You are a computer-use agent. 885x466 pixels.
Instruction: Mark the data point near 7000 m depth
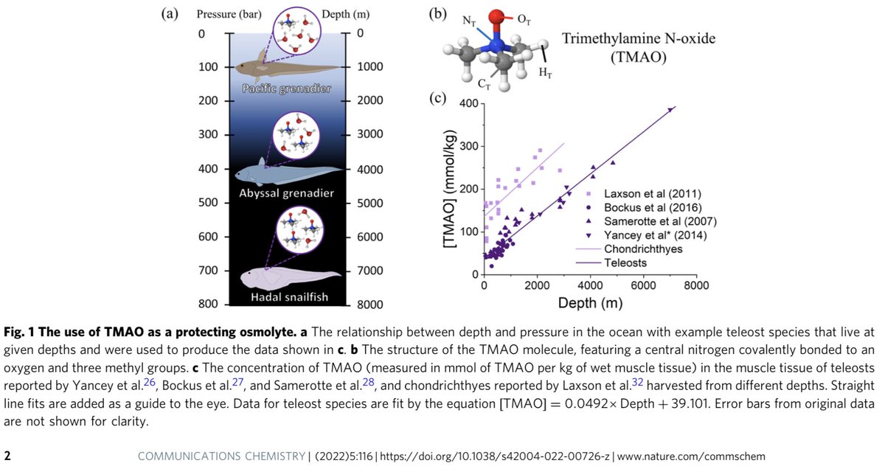(x=670, y=109)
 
